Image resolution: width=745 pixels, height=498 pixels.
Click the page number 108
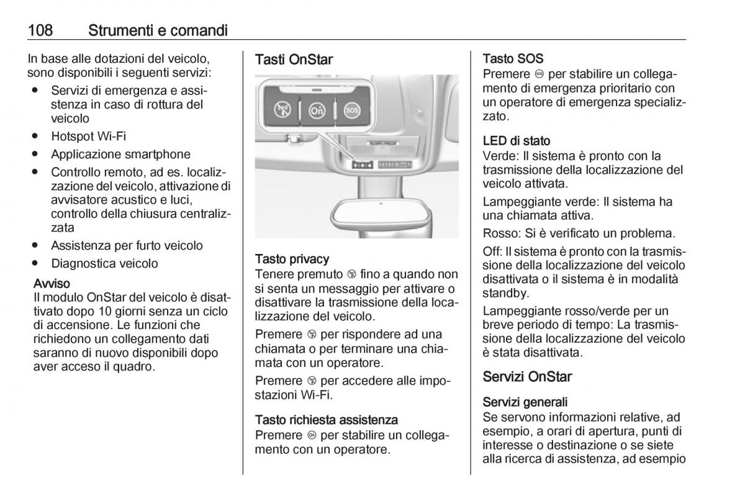point(41,30)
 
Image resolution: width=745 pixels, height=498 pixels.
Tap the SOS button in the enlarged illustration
point(351,110)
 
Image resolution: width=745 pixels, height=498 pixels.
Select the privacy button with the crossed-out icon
point(281,110)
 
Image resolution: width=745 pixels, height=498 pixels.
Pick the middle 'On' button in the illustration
point(317,110)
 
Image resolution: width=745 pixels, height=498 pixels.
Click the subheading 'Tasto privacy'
point(292,259)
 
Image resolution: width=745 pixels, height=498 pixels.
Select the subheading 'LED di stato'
point(517,141)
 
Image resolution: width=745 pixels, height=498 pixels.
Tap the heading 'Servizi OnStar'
point(527,376)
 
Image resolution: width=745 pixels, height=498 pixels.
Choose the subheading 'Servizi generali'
point(525,403)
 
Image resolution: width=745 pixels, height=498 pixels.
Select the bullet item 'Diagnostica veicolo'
point(104,263)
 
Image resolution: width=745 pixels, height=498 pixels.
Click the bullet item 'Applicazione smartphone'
point(120,154)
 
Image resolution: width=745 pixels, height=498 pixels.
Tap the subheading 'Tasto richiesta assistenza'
point(327,420)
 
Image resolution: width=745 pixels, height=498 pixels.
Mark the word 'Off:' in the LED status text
point(493,251)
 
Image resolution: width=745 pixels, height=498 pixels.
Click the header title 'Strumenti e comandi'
point(158,30)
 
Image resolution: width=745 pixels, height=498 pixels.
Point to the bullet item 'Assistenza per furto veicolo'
point(127,246)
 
